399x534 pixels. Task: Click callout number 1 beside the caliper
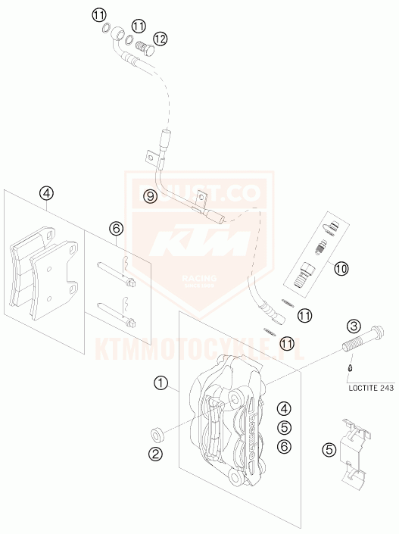(x=161, y=383)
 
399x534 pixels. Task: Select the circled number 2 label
(x=157, y=454)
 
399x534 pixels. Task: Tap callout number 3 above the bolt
(x=353, y=326)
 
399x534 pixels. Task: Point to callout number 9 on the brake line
(x=151, y=196)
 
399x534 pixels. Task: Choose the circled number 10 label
(x=341, y=267)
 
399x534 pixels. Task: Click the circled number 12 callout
(x=160, y=38)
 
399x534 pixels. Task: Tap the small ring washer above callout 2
(x=157, y=435)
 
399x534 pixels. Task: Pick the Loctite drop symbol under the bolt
(x=349, y=369)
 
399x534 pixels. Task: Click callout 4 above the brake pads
(x=46, y=193)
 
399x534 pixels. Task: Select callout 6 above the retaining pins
(x=116, y=228)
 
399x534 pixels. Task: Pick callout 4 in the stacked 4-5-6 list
(x=283, y=408)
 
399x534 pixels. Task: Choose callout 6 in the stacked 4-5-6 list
(x=283, y=447)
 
